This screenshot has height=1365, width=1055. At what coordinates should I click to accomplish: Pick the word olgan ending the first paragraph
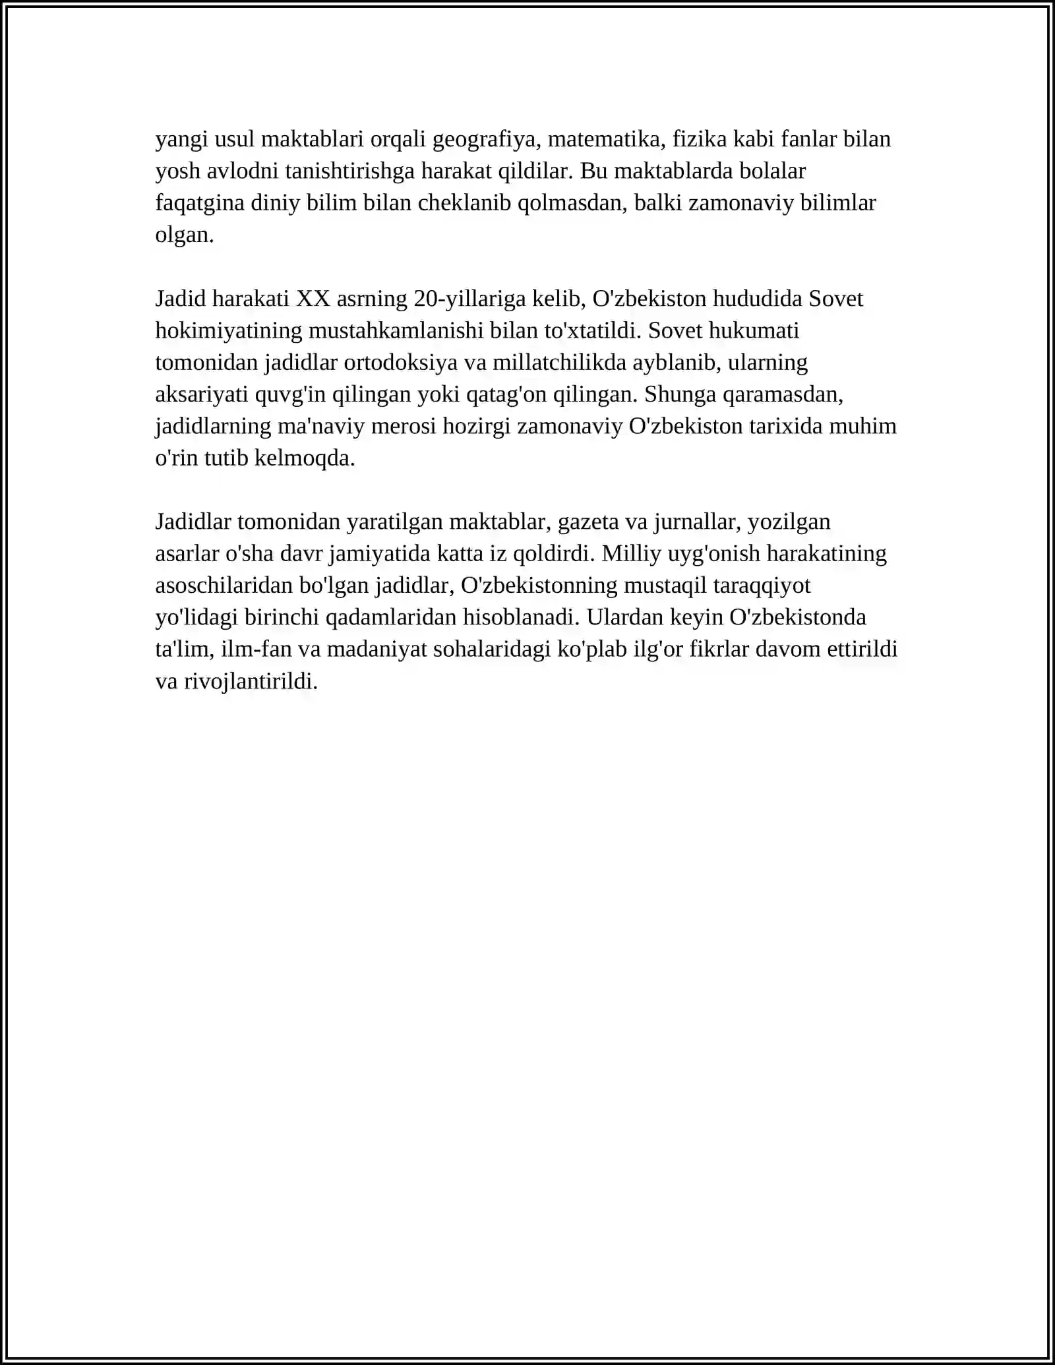pos(184,235)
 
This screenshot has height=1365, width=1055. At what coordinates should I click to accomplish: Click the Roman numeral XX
pos(313,299)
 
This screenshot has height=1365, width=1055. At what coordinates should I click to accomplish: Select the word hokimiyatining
pos(229,330)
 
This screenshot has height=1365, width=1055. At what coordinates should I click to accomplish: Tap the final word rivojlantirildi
pos(251,681)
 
